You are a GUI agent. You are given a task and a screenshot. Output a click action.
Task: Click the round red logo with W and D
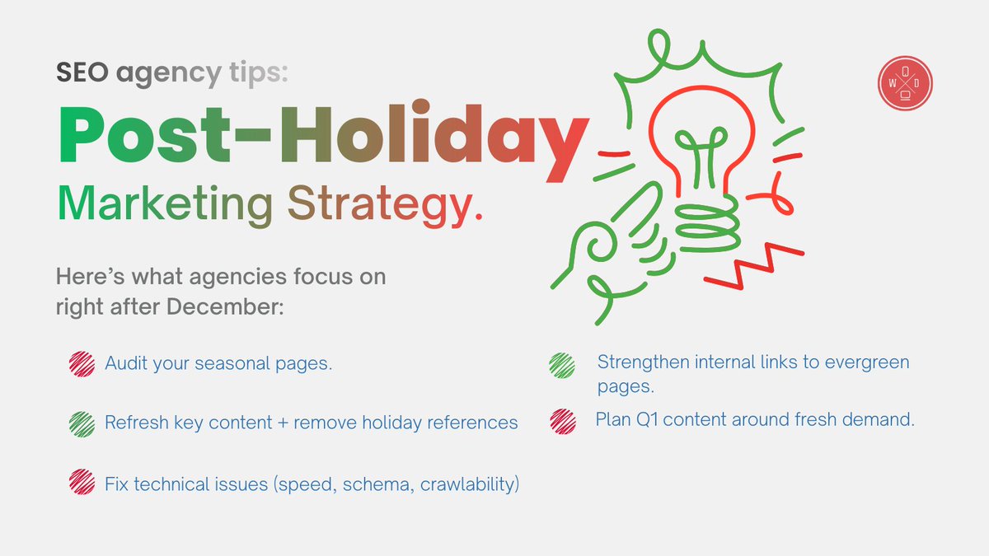coord(906,84)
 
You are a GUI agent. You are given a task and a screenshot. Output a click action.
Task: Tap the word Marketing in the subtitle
coord(164,203)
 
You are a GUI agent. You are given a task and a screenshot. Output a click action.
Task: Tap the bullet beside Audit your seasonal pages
coord(82,364)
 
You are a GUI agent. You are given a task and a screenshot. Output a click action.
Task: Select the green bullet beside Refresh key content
coord(82,423)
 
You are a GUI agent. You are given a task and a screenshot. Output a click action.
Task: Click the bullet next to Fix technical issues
coord(82,483)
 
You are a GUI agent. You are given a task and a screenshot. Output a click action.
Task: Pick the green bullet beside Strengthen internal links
coord(562,365)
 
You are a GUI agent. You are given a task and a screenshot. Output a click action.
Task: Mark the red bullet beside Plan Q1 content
coord(562,421)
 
